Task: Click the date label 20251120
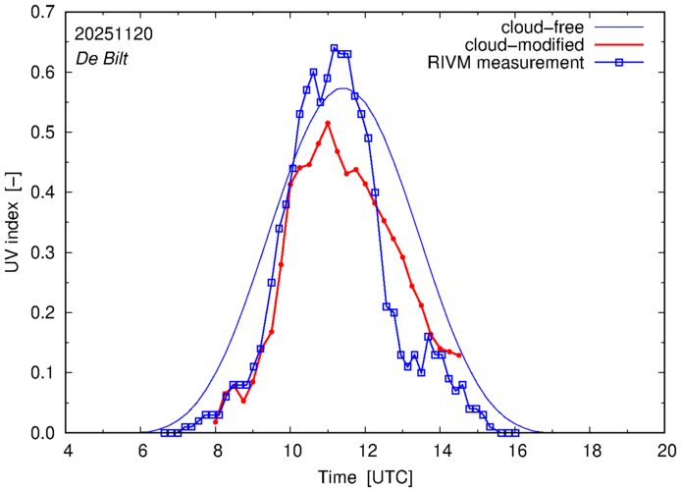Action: point(113,33)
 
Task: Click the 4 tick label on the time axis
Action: point(67,450)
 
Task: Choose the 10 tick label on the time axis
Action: point(291,450)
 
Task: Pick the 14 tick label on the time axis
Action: point(442,450)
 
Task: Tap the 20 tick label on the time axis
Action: point(666,450)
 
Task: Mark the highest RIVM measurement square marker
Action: point(334,47)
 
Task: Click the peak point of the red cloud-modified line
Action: point(327,123)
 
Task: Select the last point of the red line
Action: point(459,355)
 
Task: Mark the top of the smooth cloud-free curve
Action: point(341,88)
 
